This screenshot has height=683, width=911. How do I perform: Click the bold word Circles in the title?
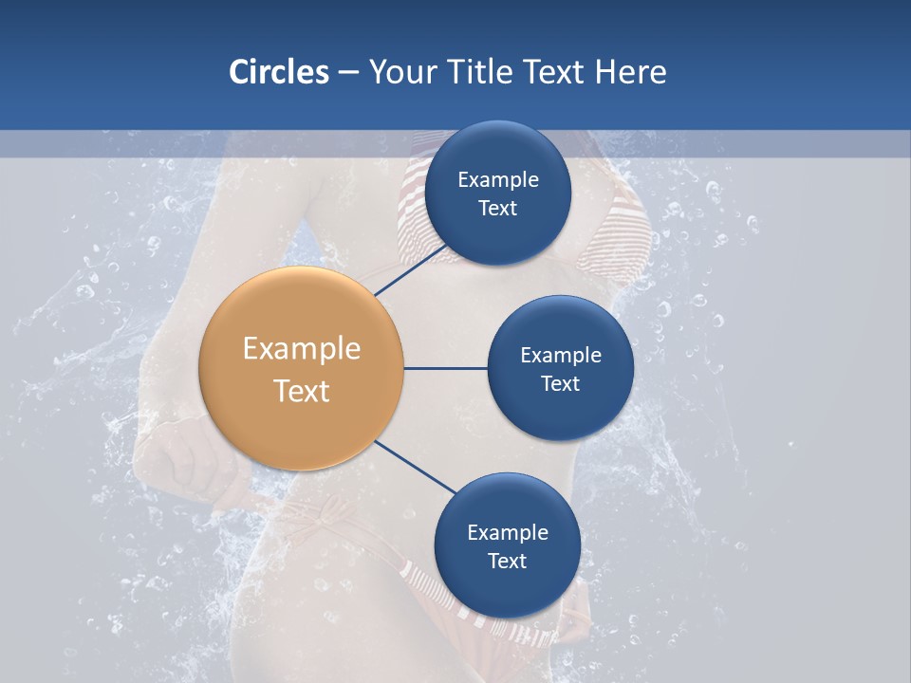coord(278,72)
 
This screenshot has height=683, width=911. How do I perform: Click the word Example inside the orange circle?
coord(301,349)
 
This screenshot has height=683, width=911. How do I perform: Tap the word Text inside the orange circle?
coord(301,391)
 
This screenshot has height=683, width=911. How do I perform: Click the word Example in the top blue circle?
coord(497,180)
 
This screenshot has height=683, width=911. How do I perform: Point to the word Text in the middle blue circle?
coord(560,384)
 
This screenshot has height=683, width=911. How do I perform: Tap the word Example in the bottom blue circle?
coord(507,533)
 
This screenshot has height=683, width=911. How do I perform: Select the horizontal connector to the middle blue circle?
coord(445,368)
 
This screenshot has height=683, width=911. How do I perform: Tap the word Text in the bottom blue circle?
coord(507,562)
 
